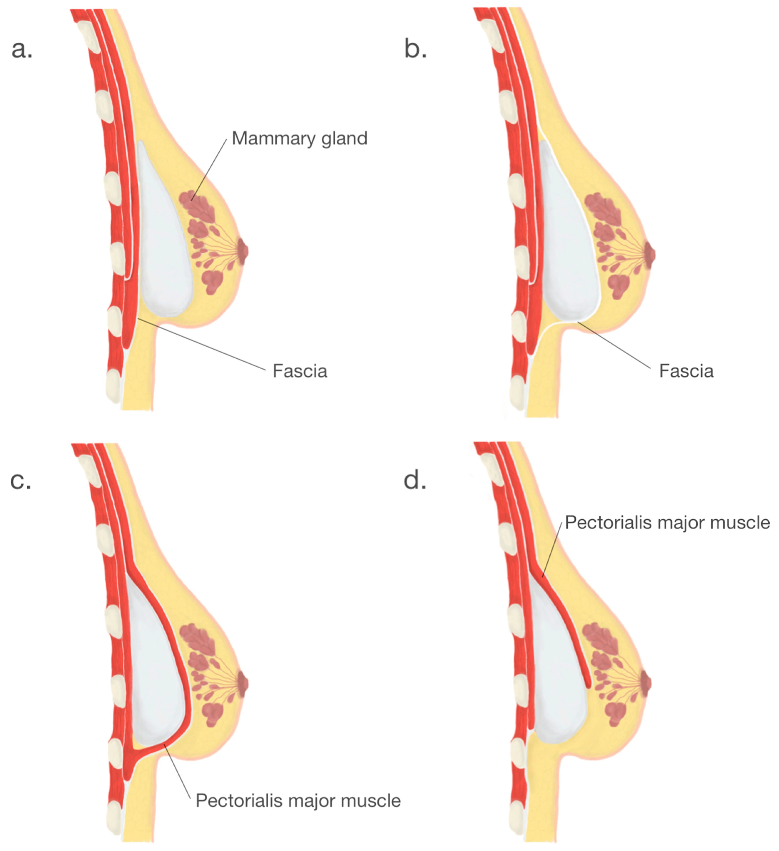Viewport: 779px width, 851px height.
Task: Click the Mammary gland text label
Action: click(x=300, y=139)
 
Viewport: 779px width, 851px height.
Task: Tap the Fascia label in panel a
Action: click(x=300, y=371)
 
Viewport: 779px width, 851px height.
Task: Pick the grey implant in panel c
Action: click(x=156, y=667)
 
